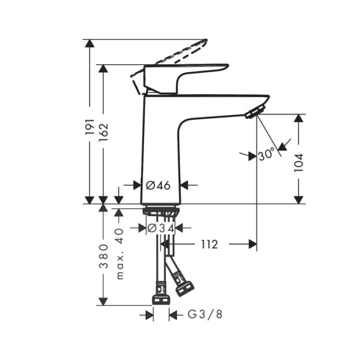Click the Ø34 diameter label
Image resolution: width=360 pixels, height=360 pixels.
pos(160,228)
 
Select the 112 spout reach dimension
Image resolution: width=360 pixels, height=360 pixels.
pos(209,244)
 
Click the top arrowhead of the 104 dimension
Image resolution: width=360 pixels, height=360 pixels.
pos(298,118)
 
